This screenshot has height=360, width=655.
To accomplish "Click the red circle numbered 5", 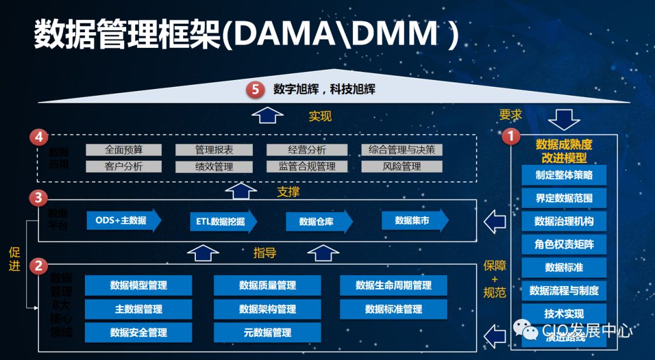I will tap(255, 90).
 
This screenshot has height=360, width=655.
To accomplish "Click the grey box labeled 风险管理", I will tap(401, 166).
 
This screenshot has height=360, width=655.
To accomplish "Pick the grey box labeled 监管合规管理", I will tap(307, 166).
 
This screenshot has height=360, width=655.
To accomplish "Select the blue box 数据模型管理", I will tap(138, 285).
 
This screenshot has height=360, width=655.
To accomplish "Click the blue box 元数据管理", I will tap(267, 332).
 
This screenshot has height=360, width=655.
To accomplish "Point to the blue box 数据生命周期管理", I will tap(394, 285).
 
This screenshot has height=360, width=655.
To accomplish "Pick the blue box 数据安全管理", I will tap(138, 332).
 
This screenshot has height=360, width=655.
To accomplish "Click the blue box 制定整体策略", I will tap(564, 175).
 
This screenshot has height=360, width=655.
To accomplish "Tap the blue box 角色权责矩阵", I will tap(564, 244).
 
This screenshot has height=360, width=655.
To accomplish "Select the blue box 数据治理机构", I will tap(564, 221).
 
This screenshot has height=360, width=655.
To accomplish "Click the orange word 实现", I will tap(320, 116).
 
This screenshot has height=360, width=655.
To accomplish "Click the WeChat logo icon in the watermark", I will tap(525, 331).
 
